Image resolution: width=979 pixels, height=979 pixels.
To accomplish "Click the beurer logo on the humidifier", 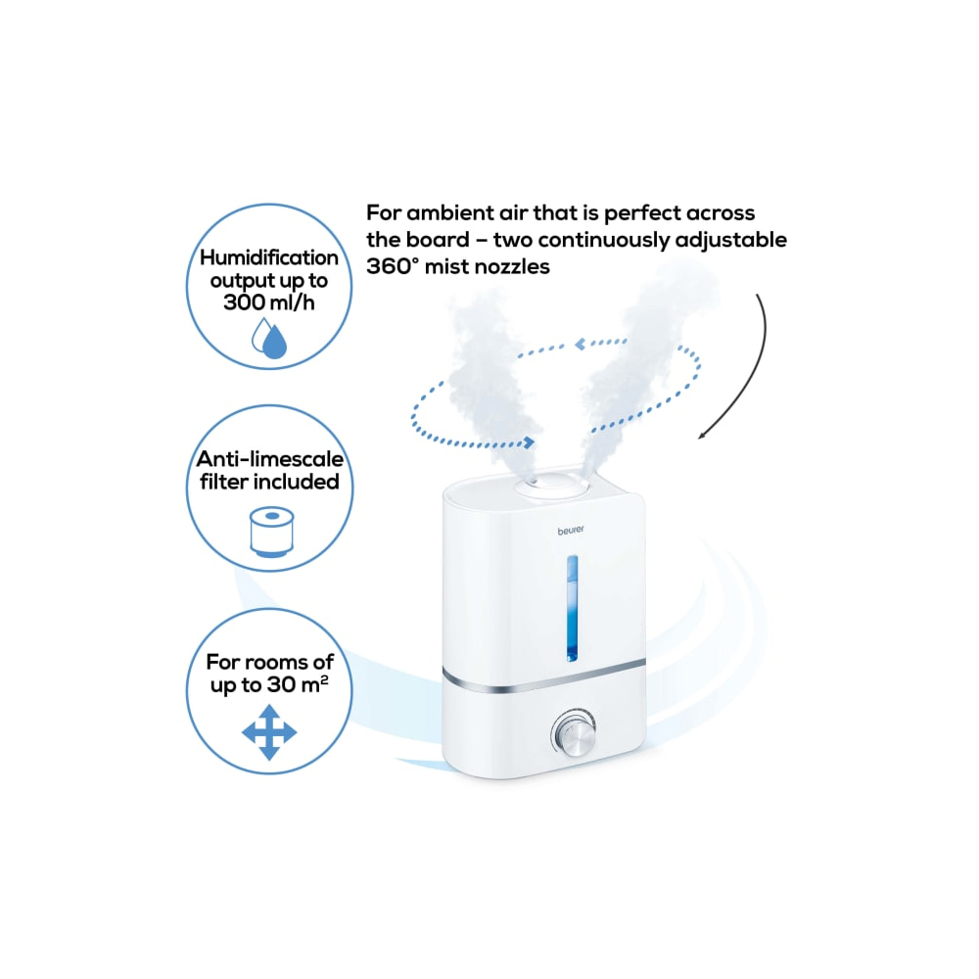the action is point(571,530).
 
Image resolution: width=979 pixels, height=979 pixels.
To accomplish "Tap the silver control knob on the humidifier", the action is point(574,732).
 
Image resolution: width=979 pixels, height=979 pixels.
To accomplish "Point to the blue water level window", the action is point(572,608).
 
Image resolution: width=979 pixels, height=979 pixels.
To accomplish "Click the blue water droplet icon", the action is point(269,338).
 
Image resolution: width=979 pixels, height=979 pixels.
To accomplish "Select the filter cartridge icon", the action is point(271,532).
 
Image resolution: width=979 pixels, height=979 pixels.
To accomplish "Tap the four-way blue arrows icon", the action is point(269,732).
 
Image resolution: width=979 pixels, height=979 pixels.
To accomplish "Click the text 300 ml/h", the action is point(269,303).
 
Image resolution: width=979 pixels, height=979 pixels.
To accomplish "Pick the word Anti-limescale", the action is point(270,459).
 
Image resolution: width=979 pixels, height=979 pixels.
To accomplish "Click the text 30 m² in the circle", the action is point(299,683).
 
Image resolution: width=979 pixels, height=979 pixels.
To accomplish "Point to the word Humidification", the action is point(269,257).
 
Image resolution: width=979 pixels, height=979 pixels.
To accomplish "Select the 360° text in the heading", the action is point(393,266).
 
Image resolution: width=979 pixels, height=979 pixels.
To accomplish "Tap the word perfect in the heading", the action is point(642,212).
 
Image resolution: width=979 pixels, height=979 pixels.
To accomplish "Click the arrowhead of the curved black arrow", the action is point(702,436).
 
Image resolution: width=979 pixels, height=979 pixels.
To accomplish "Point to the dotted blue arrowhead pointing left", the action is point(581,344).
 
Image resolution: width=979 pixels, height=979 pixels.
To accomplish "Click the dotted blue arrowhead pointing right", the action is point(529,443).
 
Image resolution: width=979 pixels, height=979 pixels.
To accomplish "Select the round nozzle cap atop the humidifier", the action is point(551,482).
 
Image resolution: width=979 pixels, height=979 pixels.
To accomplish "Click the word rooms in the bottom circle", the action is point(274,662).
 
